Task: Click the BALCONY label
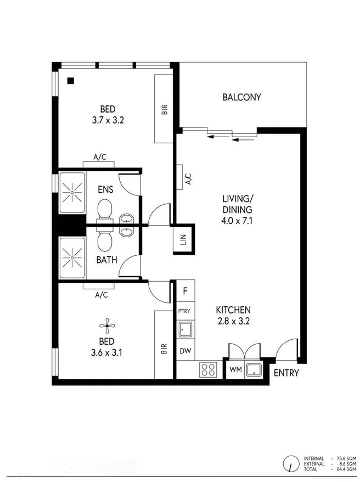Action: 241,98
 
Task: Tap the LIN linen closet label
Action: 184,240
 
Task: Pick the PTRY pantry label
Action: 184,311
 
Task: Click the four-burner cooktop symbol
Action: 208,369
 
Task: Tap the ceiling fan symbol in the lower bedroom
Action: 111,325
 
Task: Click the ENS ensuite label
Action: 105,190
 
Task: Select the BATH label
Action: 106,260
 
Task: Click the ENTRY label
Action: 286,373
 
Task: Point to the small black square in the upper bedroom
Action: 71,81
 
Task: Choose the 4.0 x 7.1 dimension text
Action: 237,220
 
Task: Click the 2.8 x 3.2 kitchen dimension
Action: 233,322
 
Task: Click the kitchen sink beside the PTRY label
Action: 184,329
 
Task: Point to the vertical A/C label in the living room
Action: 188,178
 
